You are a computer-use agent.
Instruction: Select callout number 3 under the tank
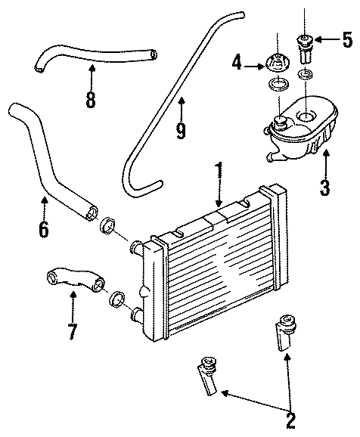coord(325,184)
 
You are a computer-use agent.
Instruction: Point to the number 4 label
coord(237,63)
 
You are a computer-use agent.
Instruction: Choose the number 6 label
coord(43,228)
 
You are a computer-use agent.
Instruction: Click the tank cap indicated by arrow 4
coord(278,63)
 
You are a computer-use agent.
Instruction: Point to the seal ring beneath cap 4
coord(278,84)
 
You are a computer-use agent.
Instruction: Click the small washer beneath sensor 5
coord(306,74)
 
